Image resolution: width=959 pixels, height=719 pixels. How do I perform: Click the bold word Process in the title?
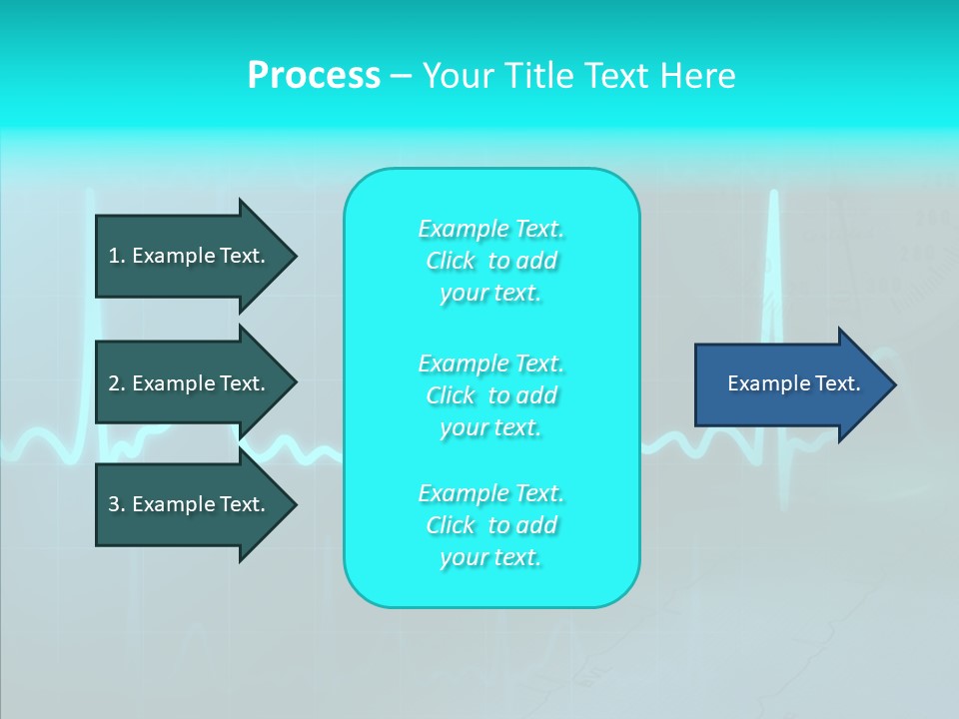[x=314, y=76]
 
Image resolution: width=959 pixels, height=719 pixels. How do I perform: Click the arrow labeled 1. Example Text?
[x=197, y=257]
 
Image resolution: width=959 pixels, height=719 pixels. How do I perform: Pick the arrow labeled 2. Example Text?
[x=197, y=383]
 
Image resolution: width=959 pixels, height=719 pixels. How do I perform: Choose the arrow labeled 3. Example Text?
[x=197, y=504]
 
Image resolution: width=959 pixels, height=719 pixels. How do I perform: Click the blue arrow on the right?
[x=796, y=384]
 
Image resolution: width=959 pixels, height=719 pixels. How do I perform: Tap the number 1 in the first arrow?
[x=114, y=256]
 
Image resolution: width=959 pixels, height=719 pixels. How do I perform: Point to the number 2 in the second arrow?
[x=114, y=383]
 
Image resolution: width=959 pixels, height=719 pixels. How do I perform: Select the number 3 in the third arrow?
[x=114, y=504]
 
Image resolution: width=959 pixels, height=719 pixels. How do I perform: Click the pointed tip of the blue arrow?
[x=897, y=384]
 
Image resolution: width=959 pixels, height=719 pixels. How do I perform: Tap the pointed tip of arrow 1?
[x=298, y=257]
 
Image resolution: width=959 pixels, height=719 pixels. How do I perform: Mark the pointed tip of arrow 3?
[x=298, y=504]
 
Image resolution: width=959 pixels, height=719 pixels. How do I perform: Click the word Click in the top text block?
[x=451, y=261]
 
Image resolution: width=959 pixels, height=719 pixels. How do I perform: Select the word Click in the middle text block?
[x=451, y=395]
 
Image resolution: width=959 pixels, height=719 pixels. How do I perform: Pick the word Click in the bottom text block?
[x=451, y=525]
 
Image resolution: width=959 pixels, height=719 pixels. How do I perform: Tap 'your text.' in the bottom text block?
[x=490, y=557]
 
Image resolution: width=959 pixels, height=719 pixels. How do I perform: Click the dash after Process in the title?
[x=402, y=78]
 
